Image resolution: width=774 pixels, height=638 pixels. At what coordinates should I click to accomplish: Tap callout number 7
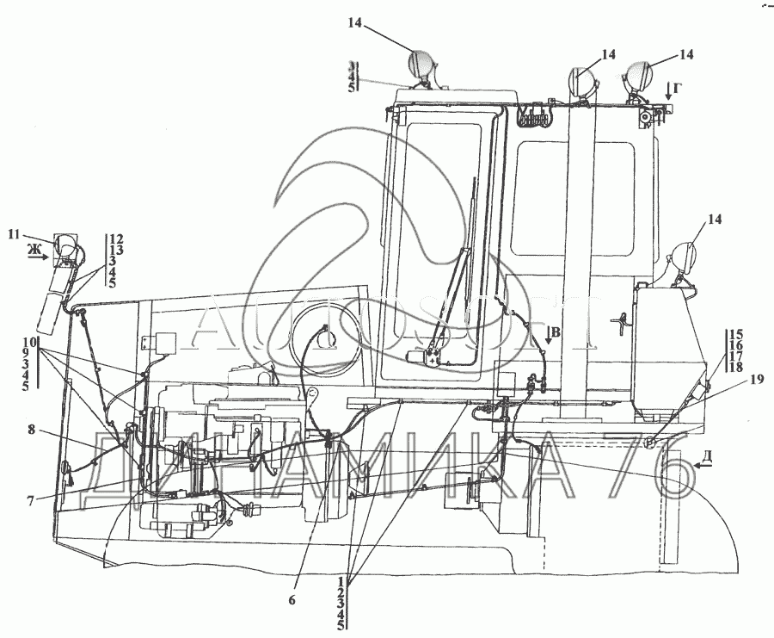pyautogui.click(x=30, y=500)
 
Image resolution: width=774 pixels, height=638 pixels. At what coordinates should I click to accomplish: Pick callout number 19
pyautogui.click(x=732, y=376)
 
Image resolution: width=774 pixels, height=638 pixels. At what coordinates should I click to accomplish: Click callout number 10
pyautogui.click(x=29, y=342)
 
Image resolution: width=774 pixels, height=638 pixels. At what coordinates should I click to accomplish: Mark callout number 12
pyautogui.click(x=117, y=238)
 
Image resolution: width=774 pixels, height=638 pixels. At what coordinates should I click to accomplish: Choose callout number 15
pyautogui.click(x=735, y=334)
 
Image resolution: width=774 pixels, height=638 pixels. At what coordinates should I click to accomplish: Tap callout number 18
pyautogui.click(x=735, y=368)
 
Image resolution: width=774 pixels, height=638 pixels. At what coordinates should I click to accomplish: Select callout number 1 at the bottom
pyautogui.click(x=342, y=579)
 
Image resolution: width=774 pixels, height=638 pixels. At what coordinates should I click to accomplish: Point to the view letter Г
pyautogui.click(x=679, y=87)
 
